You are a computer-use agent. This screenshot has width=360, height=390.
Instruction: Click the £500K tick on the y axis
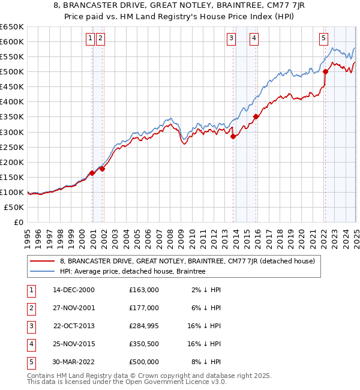click(x=12, y=72)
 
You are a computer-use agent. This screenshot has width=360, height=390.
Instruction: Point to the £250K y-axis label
click(x=12, y=147)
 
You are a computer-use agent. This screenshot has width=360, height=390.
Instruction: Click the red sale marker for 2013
click(x=233, y=136)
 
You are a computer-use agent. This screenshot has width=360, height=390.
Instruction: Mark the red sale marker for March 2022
click(x=325, y=71)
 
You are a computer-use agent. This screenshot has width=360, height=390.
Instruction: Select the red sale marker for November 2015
click(x=256, y=116)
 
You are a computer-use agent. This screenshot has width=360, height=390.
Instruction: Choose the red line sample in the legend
click(x=43, y=261)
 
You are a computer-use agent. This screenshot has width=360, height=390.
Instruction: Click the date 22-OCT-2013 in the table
click(x=74, y=325)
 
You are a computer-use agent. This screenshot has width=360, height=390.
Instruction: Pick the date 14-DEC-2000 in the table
click(x=74, y=290)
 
